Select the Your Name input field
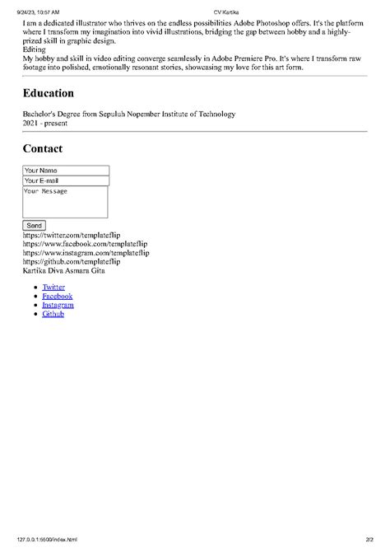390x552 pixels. tap(66, 171)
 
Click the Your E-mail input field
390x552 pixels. tap(66, 180)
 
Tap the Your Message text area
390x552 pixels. tap(66, 202)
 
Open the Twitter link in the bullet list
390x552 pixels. tap(53, 288)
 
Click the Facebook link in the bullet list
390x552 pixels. tap(57, 296)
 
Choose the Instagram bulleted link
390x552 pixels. tap(58, 305)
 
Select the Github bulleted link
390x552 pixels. tap(53, 314)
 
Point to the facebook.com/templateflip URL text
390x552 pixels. tap(86, 244)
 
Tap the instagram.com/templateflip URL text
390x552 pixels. tap(86, 253)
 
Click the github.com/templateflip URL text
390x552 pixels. tap(77, 261)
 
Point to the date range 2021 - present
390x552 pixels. tap(46, 123)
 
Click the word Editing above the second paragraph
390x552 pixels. tap(35, 49)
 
